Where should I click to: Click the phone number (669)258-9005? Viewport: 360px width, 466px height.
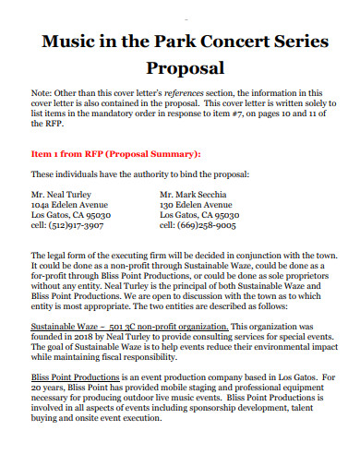tap(205, 224)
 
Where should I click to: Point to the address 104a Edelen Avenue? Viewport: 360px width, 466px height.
tap(69, 205)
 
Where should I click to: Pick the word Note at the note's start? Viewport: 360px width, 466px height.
tap(42, 94)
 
